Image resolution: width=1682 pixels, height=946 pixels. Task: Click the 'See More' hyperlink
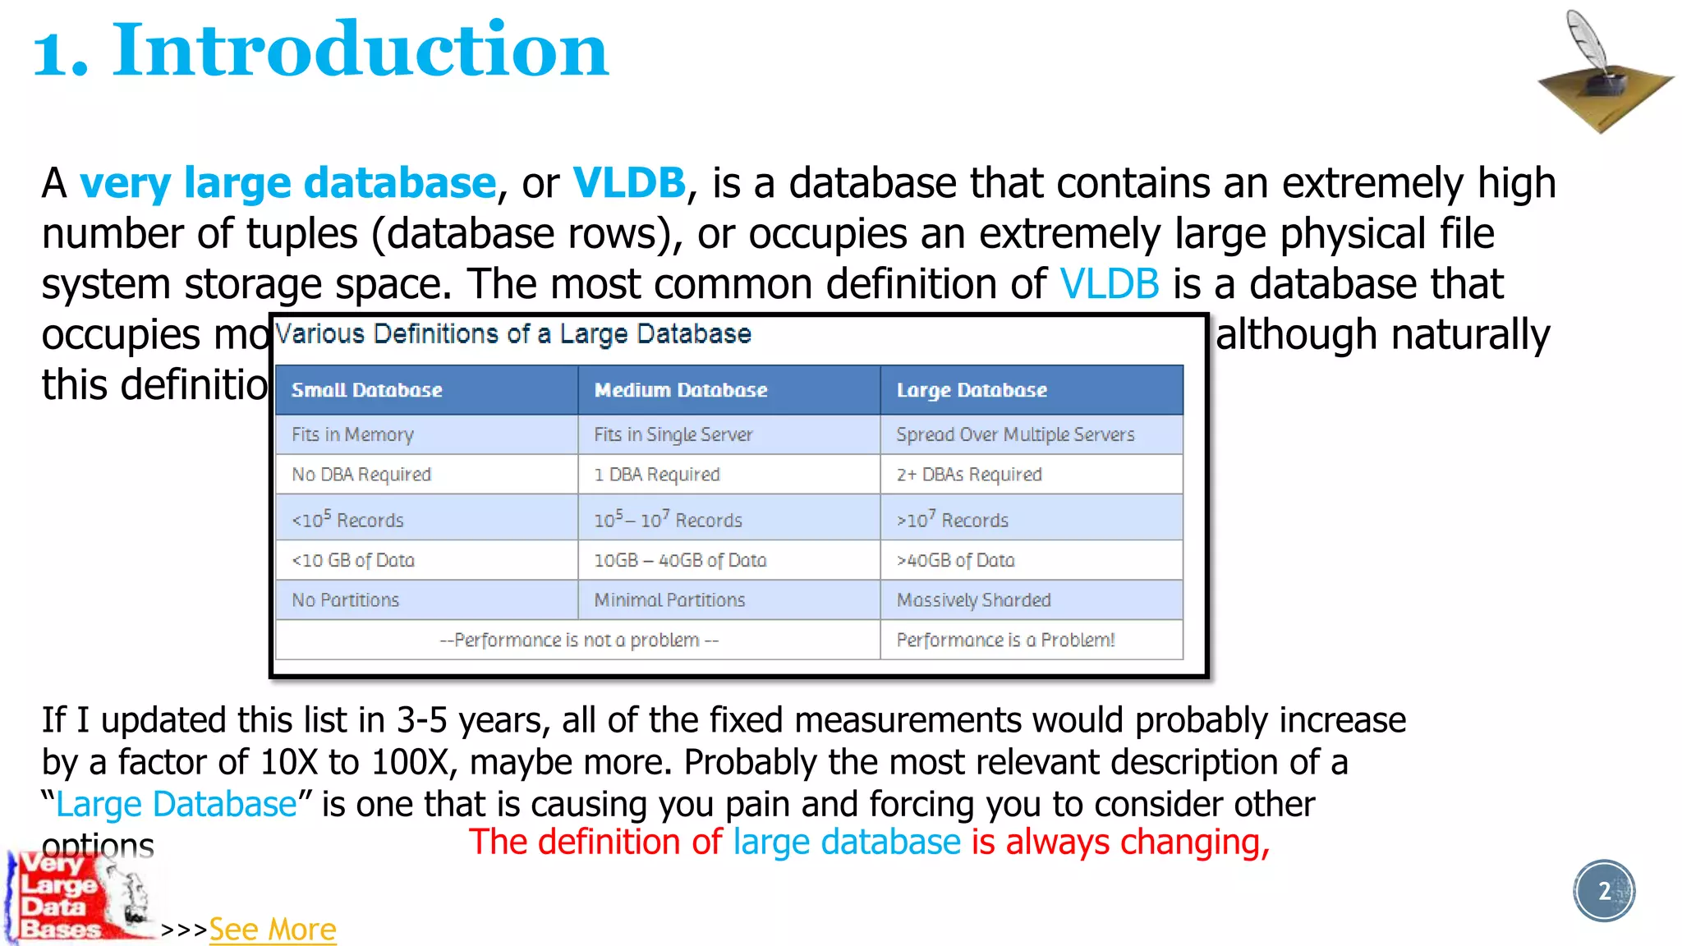[x=272, y=930]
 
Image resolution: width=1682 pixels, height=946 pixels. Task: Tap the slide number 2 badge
[x=1604, y=891]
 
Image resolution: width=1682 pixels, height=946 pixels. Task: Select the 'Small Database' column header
[x=366, y=390]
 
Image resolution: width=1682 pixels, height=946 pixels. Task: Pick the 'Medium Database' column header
[x=680, y=390]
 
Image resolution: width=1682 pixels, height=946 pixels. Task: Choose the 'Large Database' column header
[x=972, y=390]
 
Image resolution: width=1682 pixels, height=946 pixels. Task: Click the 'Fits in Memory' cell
[x=352, y=434]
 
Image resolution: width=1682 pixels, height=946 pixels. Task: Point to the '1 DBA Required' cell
[x=656, y=475]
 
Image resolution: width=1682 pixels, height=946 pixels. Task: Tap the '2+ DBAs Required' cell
[x=968, y=475]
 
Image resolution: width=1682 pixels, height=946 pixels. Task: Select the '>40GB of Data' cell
[x=955, y=560]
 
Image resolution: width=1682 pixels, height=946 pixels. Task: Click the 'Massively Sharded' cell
[x=973, y=600]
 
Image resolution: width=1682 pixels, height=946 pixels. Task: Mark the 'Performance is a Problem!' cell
[x=1005, y=640]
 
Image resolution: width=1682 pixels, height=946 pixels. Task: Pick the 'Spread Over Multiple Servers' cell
[x=1015, y=434]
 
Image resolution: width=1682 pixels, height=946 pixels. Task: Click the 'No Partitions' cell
[x=345, y=600]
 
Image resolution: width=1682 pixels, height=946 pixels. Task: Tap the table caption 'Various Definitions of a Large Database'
[x=513, y=334]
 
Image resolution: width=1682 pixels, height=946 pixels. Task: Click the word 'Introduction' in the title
[x=361, y=51]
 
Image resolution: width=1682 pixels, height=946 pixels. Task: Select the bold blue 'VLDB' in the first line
[x=628, y=182]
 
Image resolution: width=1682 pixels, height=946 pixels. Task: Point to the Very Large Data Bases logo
[x=78, y=897]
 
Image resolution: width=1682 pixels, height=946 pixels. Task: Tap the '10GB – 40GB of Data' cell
[x=680, y=560]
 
